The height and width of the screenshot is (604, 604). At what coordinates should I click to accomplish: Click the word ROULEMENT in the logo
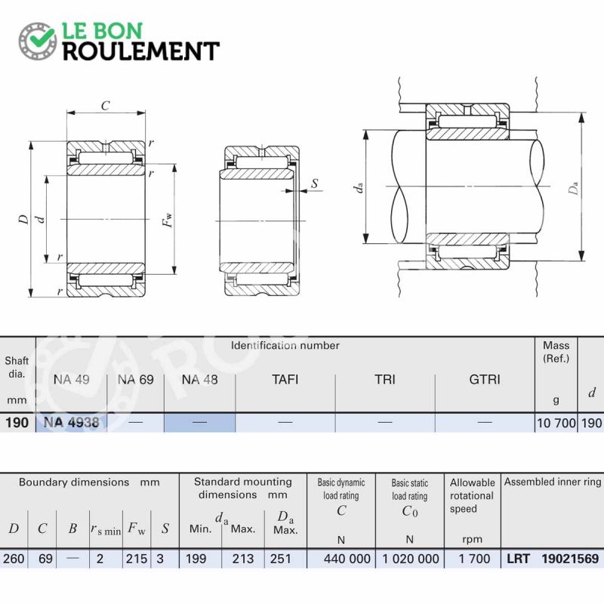141,51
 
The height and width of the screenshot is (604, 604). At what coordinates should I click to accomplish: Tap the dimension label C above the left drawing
105,106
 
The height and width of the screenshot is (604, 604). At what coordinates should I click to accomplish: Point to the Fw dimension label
168,220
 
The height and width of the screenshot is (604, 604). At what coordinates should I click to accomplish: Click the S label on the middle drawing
315,183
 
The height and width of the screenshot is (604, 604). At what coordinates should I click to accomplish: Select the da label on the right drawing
358,187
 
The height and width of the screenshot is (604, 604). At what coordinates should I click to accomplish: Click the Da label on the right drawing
574,188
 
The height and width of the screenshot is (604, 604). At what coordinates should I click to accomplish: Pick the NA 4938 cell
71,423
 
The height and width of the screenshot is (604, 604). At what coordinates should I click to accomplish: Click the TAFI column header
285,380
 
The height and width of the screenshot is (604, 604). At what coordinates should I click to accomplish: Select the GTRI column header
485,380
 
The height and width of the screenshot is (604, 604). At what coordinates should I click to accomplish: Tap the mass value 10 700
556,423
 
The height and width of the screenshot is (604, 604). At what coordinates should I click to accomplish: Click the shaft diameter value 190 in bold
17,423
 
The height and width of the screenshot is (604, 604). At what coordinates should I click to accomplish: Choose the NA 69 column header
136,380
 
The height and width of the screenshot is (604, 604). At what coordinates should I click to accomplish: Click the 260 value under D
13,559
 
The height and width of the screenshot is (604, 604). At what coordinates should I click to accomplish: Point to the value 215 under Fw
137,559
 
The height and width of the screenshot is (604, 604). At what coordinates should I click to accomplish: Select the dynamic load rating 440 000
347,559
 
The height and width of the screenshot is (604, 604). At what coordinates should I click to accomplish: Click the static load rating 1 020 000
410,559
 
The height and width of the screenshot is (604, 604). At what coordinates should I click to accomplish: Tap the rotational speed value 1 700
474,559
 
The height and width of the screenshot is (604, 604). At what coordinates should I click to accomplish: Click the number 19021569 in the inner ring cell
570,559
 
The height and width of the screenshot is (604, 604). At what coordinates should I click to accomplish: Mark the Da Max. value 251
280,559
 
